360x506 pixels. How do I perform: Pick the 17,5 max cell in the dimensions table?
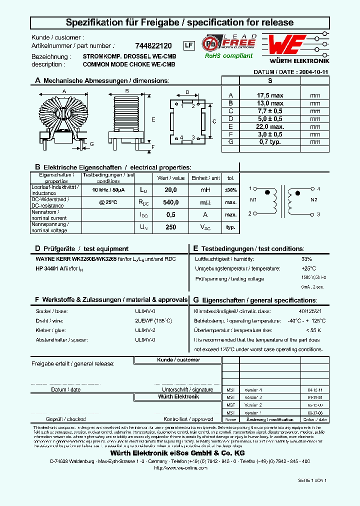coord(270,95)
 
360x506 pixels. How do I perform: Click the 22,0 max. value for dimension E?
coord(270,126)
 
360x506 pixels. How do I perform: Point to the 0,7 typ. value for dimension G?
coord(270,142)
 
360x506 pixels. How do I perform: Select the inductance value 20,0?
coord(171,190)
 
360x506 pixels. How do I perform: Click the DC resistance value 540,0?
coord(171,202)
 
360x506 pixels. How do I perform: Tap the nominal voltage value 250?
coord(171,227)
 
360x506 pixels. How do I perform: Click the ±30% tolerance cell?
coord(230,190)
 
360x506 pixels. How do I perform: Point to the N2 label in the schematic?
coord(314,200)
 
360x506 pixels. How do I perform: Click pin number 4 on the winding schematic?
coord(318,189)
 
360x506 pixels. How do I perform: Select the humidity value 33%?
coord(306,259)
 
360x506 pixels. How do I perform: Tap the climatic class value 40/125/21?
coord(310,310)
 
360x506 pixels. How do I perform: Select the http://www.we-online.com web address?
coord(180,467)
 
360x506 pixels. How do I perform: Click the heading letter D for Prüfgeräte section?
coord(37,248)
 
